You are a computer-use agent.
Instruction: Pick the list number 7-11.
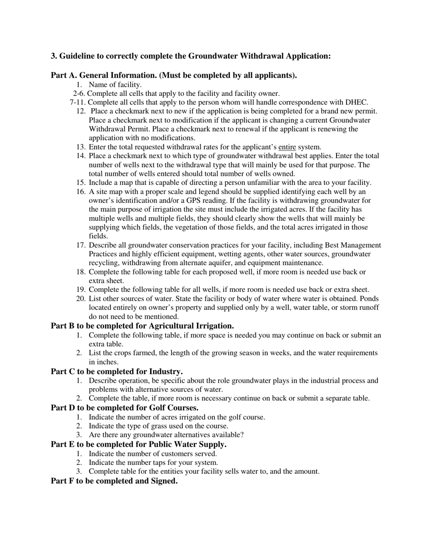click(x=77, y=102)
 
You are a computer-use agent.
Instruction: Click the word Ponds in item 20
click(x=369, y=299)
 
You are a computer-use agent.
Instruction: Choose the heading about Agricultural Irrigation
click(x=142, y=326)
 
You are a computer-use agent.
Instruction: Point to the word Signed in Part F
click(x=164, y=481)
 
